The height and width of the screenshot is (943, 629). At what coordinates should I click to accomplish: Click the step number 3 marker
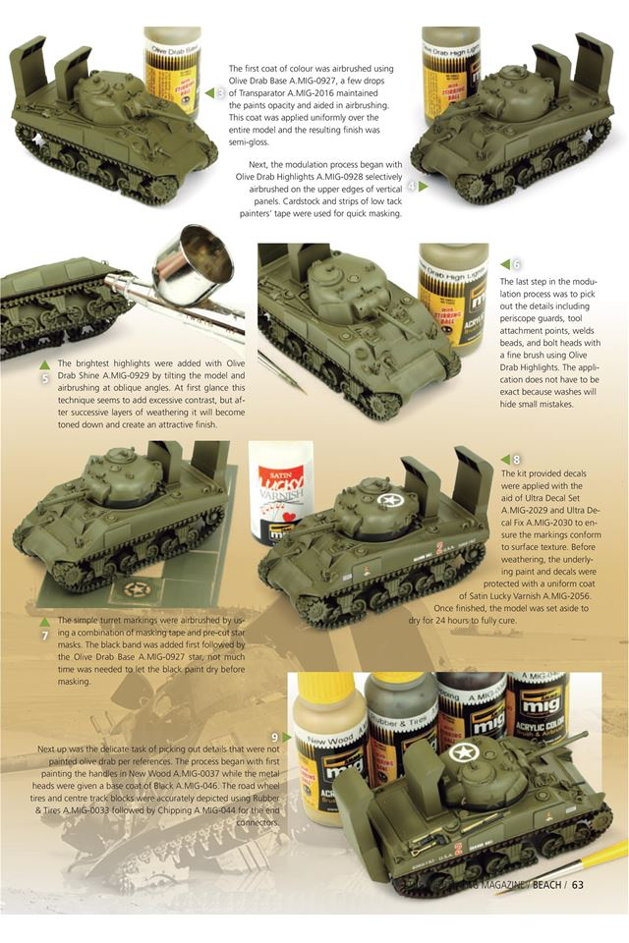click(221, 92)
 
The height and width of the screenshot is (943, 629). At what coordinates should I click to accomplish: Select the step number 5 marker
click(44, 376)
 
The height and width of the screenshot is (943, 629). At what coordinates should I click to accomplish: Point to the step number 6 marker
click(516, 264)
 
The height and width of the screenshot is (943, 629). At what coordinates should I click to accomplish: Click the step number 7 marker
click(44, 635)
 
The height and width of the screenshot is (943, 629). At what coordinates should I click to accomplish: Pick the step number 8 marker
click(516, 459)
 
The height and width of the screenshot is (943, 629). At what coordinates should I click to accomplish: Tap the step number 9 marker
click(275, 737)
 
